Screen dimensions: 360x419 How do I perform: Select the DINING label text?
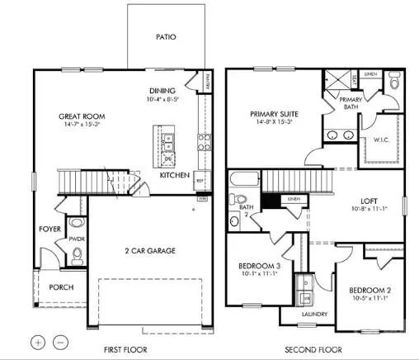pos(162,91)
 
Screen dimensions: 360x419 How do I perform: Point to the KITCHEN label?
pos(174,176)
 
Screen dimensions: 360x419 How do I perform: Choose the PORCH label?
pos(61,287)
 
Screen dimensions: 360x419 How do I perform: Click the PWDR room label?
pos(78,239)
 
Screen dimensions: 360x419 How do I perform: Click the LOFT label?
pos(369,199)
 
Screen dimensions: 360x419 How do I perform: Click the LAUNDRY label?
pos(314,315)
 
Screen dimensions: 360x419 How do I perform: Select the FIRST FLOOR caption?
pos(126,349)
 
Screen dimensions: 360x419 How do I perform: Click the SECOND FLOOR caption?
pos(312,349)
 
